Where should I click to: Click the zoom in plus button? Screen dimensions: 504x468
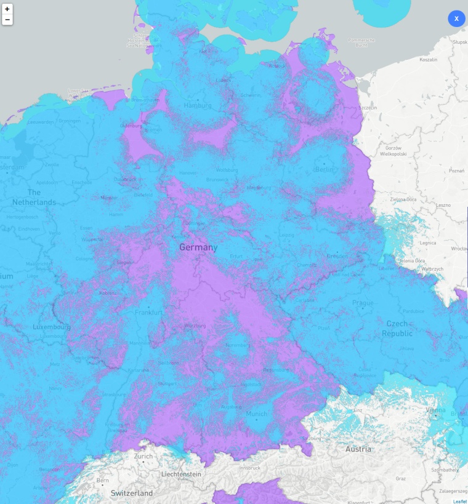click(x=7, y=9)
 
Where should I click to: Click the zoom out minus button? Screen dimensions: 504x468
click(x=7, y=20)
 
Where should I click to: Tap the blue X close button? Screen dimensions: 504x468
click(x=456, y=19)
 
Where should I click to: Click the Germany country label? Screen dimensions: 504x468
click(x=198, y=247)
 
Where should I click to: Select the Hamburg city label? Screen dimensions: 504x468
click(x=197, y=105)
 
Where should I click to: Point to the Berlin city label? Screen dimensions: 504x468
click(x=324, y=169)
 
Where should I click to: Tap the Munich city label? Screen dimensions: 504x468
click(x=257, y=414)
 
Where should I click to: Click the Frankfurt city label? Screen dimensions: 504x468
click(x=148, y=313)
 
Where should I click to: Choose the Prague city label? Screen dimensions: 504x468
click(x=363, y=303)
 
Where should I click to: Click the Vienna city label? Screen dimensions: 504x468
click(x=435, y=410)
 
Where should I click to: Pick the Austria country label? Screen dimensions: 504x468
click(x=358, y=449)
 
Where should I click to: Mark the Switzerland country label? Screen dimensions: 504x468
click(x=132, y=494)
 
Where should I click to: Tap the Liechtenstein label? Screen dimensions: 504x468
click(x=181, y=475)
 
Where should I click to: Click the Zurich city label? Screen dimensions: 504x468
click(x=143, y=457)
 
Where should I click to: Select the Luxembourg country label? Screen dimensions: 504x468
click(x=52, y=327)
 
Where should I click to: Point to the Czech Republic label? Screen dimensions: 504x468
click(x=397, y=329)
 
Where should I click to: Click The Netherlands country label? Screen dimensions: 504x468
click(x=34, y=198)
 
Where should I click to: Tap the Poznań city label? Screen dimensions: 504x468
click(x=457, y=170)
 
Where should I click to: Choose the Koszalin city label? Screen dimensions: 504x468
click(x=428, y=60)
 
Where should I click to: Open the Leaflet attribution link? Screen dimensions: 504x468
click(x=459, y=501)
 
